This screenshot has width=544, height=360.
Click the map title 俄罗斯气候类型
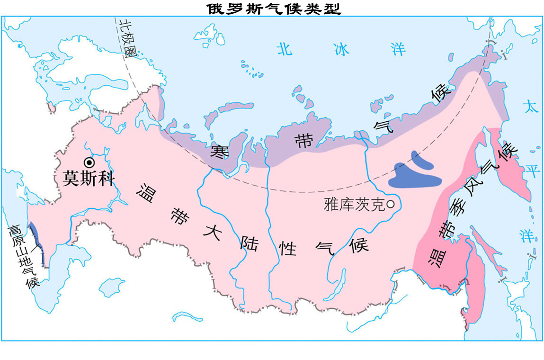274,8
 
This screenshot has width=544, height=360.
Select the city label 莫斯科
89,179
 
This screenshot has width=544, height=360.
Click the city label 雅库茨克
355,205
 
